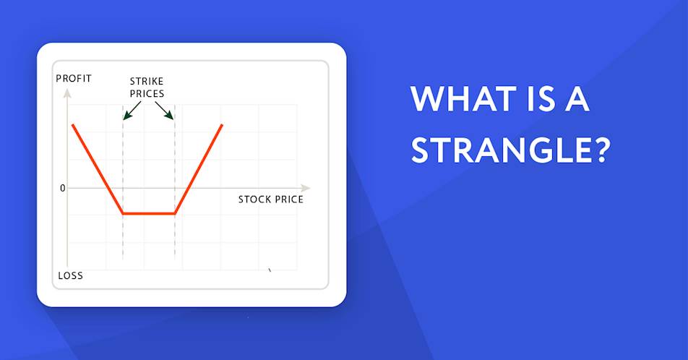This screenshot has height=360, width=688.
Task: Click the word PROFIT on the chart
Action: tap(74, 79)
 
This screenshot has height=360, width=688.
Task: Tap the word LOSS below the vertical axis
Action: tap(71, 275)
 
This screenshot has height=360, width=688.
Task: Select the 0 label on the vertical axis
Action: tap(62, 188)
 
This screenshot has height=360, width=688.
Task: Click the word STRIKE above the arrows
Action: tap(147, 81)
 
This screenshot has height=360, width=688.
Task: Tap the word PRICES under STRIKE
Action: tap(147, 93)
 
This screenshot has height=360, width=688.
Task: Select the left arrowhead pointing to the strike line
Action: tap(127, 116)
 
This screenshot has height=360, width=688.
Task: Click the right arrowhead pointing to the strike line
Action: tap(169, 115)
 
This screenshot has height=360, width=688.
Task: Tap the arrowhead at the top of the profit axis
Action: tap(67, 93)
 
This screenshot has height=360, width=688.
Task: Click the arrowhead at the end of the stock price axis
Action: tap(306, 188)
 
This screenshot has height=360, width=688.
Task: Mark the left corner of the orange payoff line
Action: tap(123, 214)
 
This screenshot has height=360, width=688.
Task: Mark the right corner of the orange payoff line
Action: tap(175, 214)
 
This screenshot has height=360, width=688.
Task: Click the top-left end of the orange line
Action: tap(73, 125)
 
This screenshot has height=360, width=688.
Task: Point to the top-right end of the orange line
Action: tap(222, 125)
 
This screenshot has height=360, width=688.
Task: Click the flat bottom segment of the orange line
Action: tap(149, 214)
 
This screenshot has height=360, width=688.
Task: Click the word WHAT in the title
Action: tap(463, 99)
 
